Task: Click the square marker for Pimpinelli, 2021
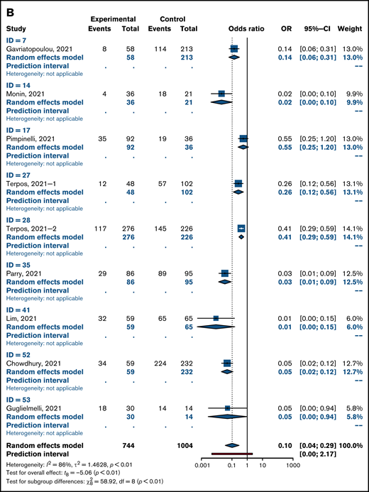pyautogui.click(x=243, y=138)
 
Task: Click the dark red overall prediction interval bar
pyautogui.click(x=231, y=452)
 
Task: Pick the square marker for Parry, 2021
pyautogui.click(x=225, y=273)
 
